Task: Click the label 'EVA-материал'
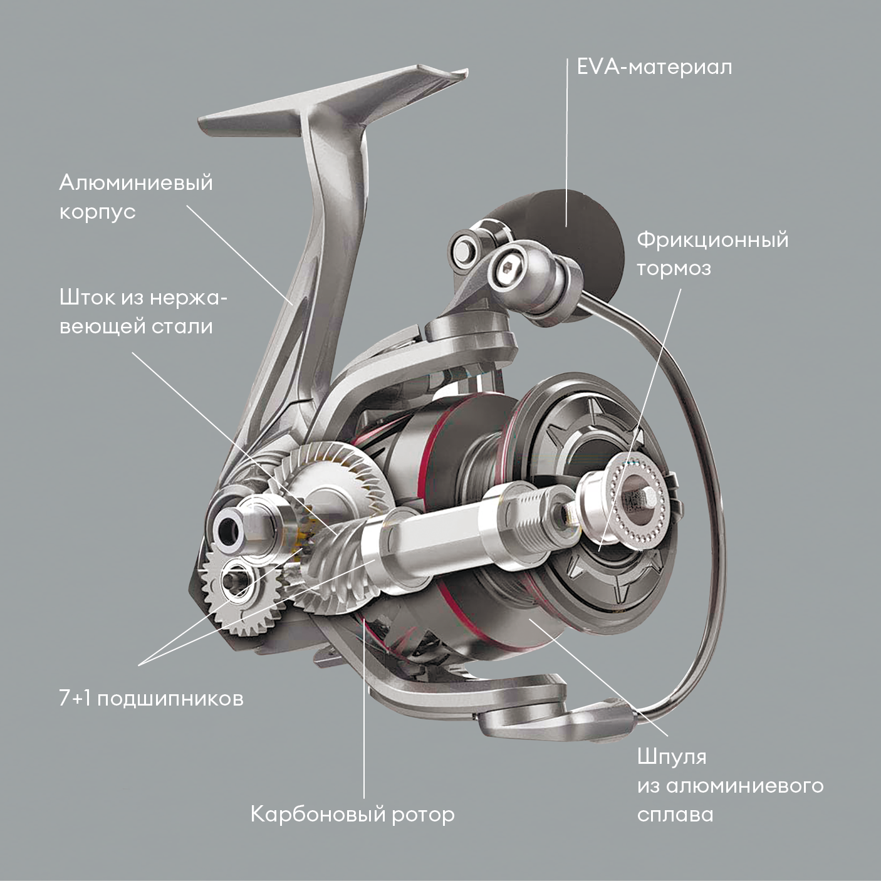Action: click(x=654, y=68)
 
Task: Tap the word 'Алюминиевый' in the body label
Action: click(x=136, y=184)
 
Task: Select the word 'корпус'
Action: click(x=97, y=212)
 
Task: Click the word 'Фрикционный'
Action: click(x=712, y=241)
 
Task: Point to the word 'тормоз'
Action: click(x=674, y=268)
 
